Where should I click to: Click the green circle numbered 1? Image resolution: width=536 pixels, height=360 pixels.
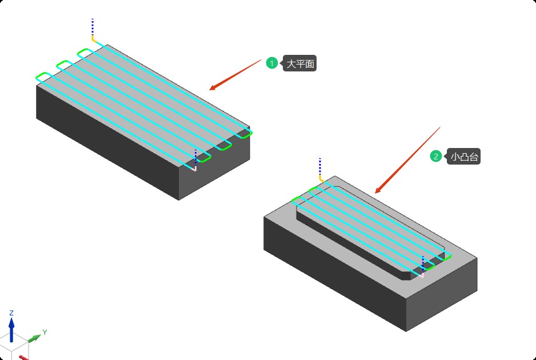point(272,63)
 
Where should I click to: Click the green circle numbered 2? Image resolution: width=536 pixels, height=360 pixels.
point(435,157)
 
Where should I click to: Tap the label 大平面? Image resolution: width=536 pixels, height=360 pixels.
point(300,63)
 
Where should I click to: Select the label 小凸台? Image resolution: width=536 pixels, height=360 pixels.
point(464,157)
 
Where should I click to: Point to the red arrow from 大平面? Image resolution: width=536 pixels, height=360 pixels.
point(235,75)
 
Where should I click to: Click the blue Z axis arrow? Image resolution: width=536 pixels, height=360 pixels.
point(11,330)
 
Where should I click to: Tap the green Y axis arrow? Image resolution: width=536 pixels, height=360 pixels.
point(34,338)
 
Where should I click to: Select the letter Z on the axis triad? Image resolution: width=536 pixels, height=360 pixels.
point(11,313)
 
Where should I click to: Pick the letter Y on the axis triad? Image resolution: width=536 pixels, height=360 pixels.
point(45,332)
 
